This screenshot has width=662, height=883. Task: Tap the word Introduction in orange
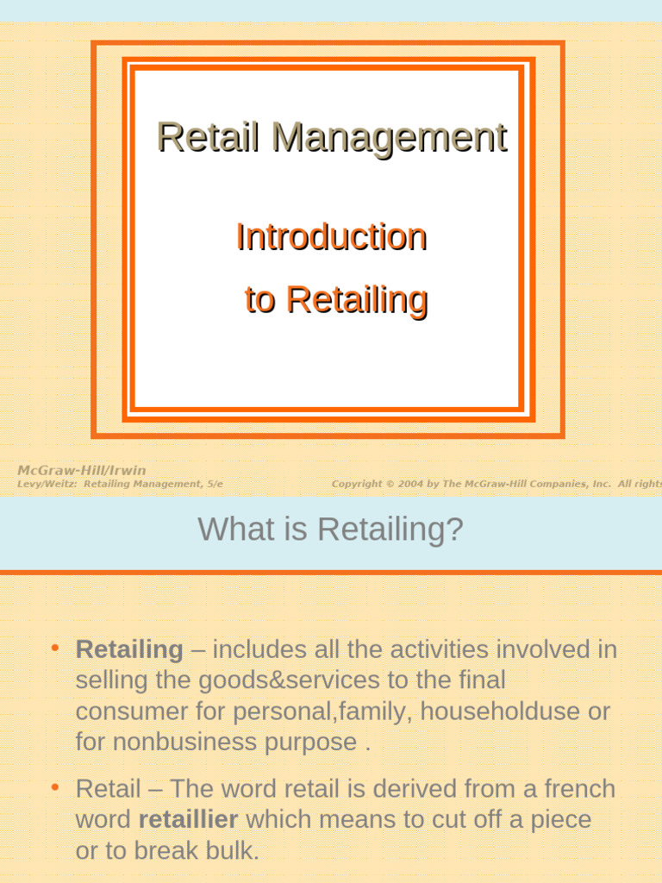click(x=331, y=236)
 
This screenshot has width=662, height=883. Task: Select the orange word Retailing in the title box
click(x=356, y=299)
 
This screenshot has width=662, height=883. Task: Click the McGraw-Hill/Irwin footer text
click(x=82, y=470)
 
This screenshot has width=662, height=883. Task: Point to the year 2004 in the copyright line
click(x=410, y=485)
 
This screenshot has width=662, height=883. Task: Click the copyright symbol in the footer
click(x=390, y=485)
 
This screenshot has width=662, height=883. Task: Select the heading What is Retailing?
click(x=330, y=529)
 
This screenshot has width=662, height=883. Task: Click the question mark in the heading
click(x=455, y=529)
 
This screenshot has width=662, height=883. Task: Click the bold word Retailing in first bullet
click(x=129, y=649)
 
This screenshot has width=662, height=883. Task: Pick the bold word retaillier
click(x=188, y=819)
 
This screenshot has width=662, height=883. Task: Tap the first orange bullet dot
click(x=54, y=647)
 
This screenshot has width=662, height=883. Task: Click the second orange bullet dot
click(x=54, y=786)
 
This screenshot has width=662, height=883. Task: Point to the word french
click(x=579, y=788)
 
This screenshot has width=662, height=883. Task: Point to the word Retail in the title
click(x=208, y=137)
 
